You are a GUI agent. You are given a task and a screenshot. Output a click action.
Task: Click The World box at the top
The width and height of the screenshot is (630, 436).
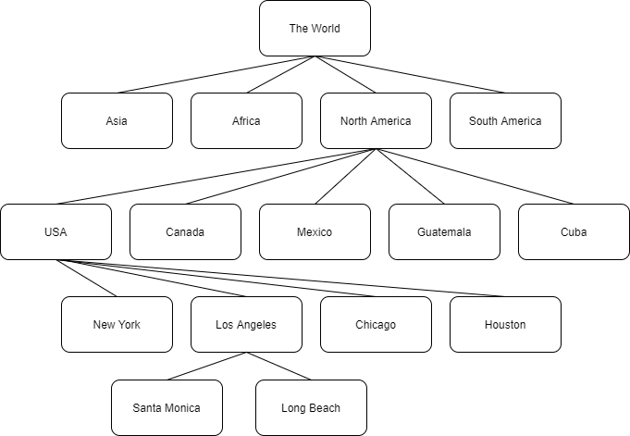(315, 29)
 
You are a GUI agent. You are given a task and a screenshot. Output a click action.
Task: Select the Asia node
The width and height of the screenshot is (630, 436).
(117, 121)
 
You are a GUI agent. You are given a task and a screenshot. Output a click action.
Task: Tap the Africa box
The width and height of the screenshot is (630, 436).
(246, 121)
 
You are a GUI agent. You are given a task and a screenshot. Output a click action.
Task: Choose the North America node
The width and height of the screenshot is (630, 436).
(376, 121)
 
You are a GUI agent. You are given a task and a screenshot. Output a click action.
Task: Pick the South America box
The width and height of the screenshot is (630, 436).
(505, 121)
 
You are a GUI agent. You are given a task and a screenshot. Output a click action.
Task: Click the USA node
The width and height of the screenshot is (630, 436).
(56, 231)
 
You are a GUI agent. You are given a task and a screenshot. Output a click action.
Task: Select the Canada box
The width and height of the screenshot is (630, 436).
(185, 231)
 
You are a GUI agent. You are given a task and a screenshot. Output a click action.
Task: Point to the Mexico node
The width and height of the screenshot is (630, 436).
(315, 231)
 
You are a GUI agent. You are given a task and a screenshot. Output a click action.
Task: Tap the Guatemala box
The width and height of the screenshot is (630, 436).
(444, 231)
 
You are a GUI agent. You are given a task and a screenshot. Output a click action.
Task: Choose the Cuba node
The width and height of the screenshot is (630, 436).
(574, 231)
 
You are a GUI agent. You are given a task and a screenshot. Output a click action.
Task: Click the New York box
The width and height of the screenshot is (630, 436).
(117, 324)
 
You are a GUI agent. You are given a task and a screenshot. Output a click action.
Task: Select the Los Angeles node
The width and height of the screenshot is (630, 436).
(246, 324)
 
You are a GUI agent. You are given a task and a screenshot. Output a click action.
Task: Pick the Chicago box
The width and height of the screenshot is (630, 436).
(376, 324)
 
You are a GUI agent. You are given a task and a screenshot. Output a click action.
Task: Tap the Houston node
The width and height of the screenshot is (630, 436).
(505, 324)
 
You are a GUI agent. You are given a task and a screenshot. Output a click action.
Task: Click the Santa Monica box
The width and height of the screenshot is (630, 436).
(167, 407)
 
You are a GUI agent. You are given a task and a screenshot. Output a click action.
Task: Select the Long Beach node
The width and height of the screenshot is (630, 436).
(311, 407)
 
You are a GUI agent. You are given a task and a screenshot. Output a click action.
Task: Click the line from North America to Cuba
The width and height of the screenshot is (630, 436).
(475, 176)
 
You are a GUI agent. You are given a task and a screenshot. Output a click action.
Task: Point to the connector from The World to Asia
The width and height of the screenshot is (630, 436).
(216, 74)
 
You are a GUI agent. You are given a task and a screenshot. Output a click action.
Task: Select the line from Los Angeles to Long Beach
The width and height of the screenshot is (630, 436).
(278, 366)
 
